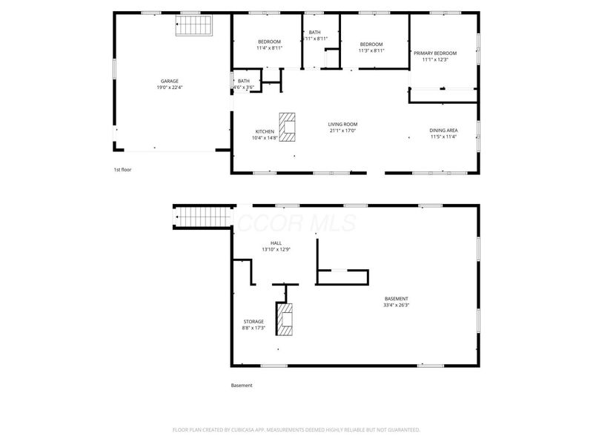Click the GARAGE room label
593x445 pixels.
tap(170, 81)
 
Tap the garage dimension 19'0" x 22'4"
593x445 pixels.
tap(170, 88)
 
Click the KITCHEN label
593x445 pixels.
tap(265, 131)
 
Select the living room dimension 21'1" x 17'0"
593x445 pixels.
tap(343, 131)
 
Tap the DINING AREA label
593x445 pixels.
tap(443, 131)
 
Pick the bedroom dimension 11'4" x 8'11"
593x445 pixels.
tap(269, 48)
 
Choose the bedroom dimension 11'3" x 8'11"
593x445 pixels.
tap(371, 50)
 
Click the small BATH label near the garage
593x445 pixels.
tap(244, 81)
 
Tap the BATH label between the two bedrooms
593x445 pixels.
tap(315, 32)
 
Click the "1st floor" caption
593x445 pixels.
tap(122, 170)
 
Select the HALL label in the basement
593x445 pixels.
tap(276, 243)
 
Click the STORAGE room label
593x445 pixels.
tap(254, 321)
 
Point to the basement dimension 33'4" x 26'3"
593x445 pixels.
tap(396, 305)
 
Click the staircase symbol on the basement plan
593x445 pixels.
tap(199, 218)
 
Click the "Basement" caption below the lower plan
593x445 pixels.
tap(242, 386)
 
